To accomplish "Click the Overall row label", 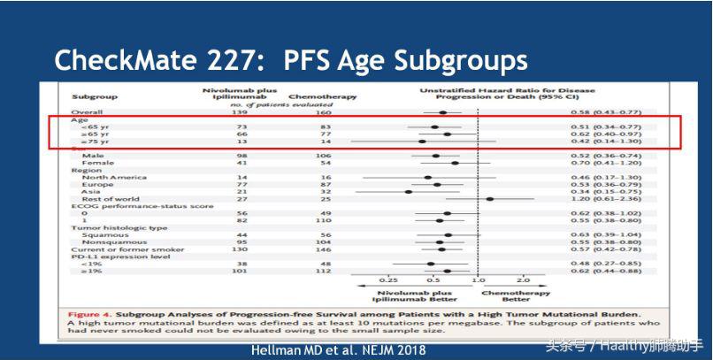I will [x=88, y=112].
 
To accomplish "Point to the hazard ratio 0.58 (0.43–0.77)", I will [x=617, y=112].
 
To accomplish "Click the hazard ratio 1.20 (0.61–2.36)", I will [x=617, y=199].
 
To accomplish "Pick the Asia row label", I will [x=89, y=191].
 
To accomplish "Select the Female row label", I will [x=96, y=163].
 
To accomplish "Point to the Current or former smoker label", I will [x=119, y=249].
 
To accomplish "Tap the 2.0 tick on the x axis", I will [x=524, y=280].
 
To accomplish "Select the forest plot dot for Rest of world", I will [x=489, y=199].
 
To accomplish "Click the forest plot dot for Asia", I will [x=408, y=191].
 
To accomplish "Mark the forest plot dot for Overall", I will [x=442, y=112].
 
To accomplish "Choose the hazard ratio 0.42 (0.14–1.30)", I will [x=617, y=141].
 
